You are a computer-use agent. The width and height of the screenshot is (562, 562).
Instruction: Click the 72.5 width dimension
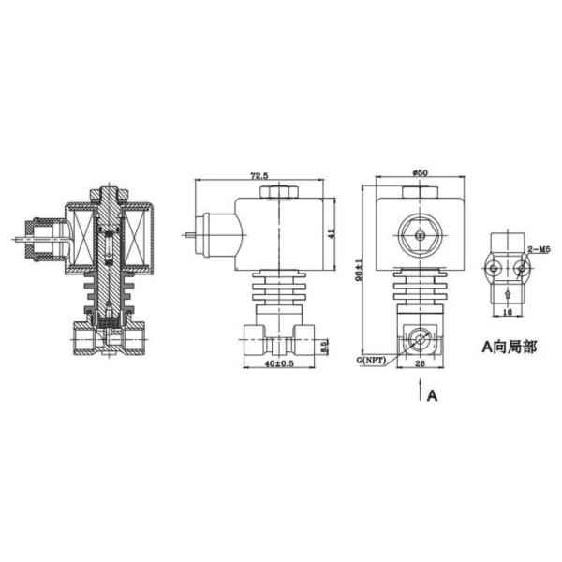259,176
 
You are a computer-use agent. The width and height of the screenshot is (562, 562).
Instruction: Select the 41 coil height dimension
329,235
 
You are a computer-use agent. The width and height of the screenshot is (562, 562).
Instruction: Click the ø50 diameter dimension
420,173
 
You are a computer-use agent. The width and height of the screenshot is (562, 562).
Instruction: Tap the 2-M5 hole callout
540,249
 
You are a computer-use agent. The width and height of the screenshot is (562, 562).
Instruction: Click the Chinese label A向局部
510,347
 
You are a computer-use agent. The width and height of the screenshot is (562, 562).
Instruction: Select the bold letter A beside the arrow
432,396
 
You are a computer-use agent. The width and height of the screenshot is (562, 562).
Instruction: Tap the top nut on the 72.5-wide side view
279,192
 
